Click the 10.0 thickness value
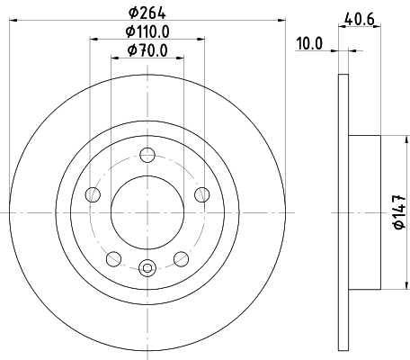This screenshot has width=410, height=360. pos(311,41)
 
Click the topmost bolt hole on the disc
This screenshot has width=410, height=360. pos(147,154)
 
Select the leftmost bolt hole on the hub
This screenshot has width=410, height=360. pos(92,193)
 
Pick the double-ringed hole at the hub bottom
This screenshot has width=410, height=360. pos(147,265)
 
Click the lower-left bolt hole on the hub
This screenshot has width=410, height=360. pos(113,258)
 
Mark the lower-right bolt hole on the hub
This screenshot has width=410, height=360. pos(182,258)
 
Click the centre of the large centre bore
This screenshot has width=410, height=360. pos(147,211)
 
